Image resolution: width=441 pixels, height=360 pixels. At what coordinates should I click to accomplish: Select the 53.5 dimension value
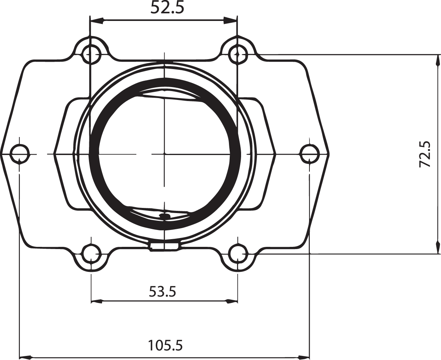tap(162, 291)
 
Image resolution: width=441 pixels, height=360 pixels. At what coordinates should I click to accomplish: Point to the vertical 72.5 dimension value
tap(425, 155)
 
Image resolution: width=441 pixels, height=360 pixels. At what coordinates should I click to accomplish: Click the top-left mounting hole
tap(92, 54)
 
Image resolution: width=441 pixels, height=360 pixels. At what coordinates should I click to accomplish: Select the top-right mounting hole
tap(238, 54)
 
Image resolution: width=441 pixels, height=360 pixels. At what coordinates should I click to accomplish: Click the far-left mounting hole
tap(19, 153)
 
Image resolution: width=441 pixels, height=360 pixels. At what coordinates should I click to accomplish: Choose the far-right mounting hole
tap(310, 153)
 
